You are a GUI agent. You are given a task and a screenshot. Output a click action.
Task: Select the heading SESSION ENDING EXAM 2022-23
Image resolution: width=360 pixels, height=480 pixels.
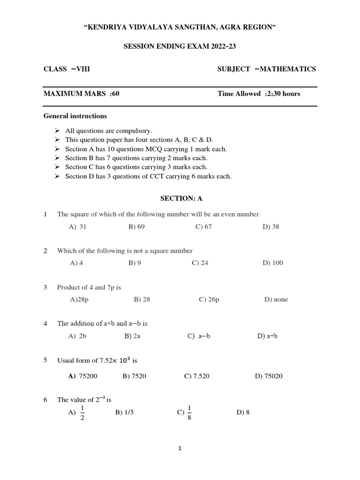point(180,47)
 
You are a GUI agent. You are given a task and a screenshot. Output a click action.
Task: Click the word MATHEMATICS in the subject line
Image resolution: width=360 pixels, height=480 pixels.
point(287,69)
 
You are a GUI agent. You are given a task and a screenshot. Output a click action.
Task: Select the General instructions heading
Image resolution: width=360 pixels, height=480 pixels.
point(75,116)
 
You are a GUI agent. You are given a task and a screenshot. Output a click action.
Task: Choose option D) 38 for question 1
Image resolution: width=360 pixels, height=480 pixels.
point(271,227)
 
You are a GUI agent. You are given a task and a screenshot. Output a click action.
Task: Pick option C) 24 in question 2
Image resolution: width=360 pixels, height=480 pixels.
point(200,263)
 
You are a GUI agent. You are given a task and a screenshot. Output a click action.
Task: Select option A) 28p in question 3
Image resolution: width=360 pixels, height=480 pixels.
point(79,300)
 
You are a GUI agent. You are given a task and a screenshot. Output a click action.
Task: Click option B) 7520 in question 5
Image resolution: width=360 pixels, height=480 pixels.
point(134,376)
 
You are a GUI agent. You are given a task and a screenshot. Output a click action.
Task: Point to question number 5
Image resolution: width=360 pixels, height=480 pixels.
point(45,360)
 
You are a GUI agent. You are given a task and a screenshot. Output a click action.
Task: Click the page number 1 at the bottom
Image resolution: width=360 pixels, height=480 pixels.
point(180,449)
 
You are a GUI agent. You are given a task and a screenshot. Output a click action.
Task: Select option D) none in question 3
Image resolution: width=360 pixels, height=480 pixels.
point(276,300)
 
